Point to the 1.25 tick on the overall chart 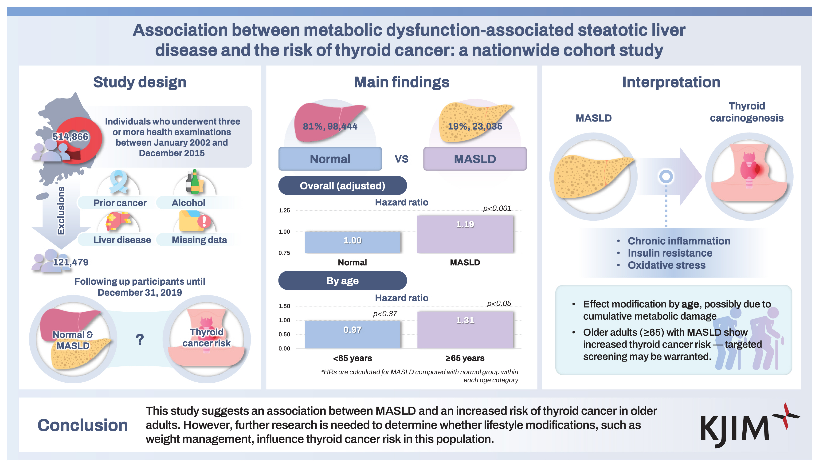coord(284,210)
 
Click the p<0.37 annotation coord(385,314)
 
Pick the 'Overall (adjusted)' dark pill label coord(342,185)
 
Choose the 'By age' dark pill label coord(342,281)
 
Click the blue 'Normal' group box coord(330,159)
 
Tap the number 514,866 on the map coord(70,137)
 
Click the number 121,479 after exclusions coord(70,262)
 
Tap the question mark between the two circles coord(140,339)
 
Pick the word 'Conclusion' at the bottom coord(82,425)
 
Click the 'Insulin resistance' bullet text coord(670,253)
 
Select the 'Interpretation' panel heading coord(671,82)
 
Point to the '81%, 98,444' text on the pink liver coord(330,126)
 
